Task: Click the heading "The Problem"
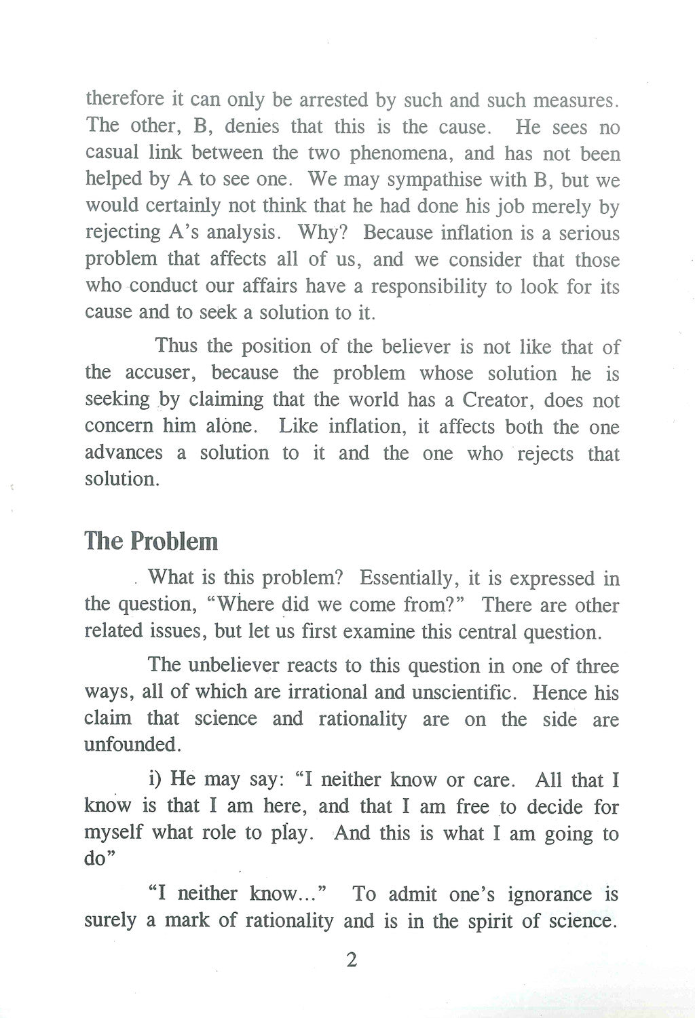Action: [x=151, y=542]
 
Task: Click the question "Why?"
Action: [x=323, y=233]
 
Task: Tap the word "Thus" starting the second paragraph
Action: [x=177, y=346]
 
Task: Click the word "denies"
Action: [x=250, y=127]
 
